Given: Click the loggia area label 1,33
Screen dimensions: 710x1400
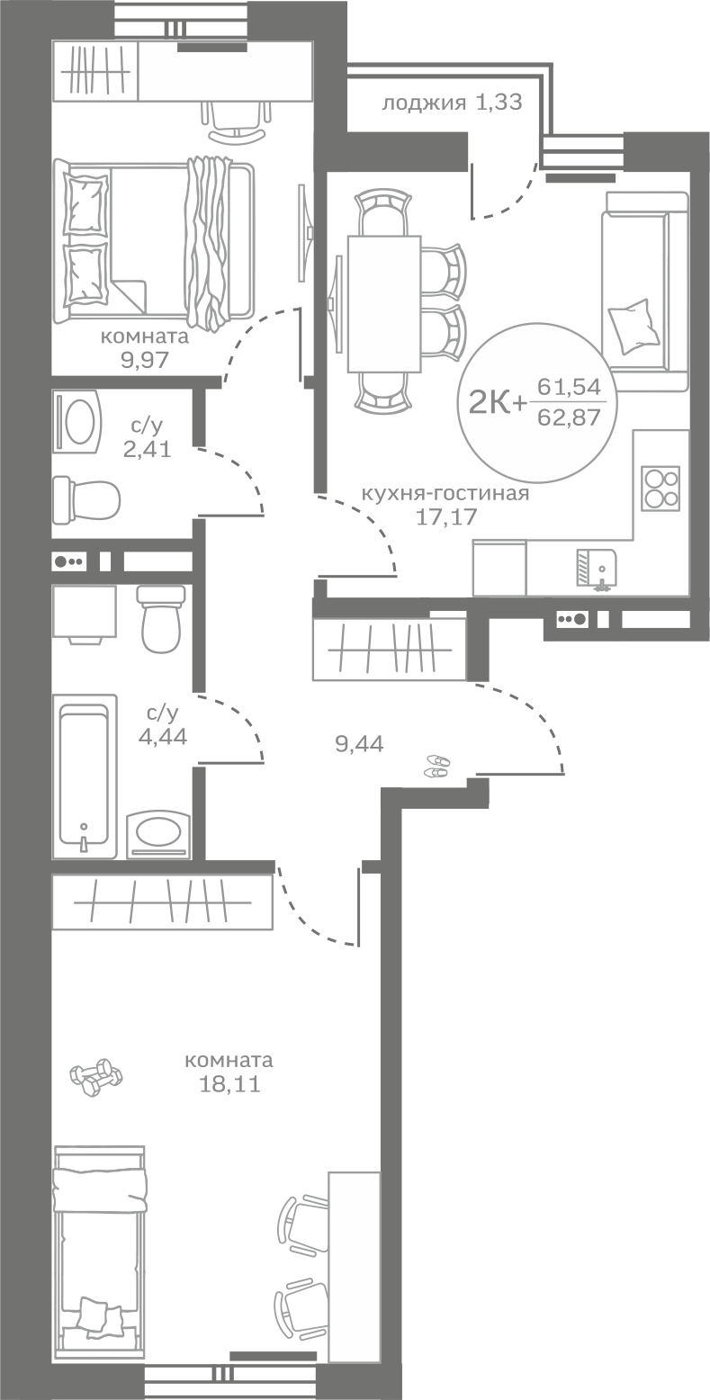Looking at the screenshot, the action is tap(499, 103).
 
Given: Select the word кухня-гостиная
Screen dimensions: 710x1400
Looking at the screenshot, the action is tap(445, 494).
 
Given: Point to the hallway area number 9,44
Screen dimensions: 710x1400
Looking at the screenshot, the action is tap(359, 744).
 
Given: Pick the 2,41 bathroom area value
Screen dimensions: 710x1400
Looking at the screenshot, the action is tap(147, 449).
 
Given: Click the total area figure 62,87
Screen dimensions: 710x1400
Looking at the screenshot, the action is tap(569, 416).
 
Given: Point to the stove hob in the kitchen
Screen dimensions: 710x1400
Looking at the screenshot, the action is tap(661, 489).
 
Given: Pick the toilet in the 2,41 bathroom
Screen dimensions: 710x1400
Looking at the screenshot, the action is tap(86, 500).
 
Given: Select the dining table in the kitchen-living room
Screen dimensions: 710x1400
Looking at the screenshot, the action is tap(383, 303).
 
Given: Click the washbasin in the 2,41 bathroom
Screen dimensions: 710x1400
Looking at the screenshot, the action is tap(78, 421).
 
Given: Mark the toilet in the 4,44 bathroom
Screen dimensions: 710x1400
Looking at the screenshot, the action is tap(162, 619).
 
